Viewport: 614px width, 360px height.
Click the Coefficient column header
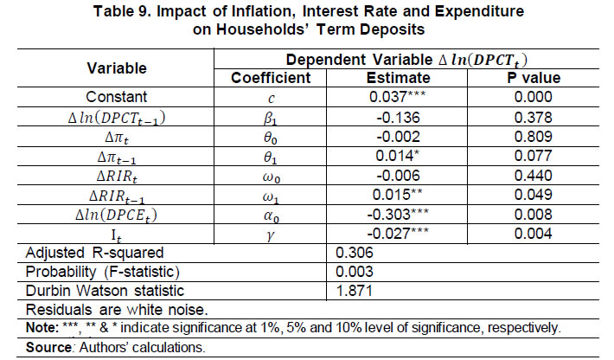[273, 78]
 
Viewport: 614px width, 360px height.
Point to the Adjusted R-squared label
[86, 253]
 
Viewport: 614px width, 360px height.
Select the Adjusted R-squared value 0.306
[350, 253]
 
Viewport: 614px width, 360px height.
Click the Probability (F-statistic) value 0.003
[350, 273]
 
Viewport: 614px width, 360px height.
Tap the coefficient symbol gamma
[273, 235]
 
